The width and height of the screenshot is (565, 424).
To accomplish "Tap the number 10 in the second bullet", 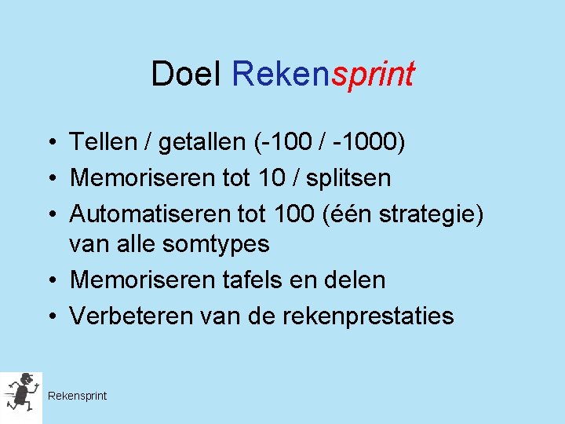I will pos(272,177).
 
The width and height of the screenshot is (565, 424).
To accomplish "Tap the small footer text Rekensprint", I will pos(77,396).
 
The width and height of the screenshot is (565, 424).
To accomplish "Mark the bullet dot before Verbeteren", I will pos(50,316).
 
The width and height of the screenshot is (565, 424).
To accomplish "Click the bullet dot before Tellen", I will pos(50,143).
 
